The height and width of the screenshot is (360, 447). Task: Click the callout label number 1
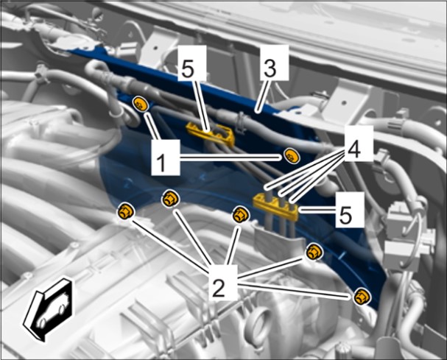(x=166, y=157)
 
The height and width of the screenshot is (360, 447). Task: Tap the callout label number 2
(x=223, y=282)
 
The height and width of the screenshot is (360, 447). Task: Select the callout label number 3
(x=275, y=63)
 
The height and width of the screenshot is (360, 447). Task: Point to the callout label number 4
(x=359, y=144)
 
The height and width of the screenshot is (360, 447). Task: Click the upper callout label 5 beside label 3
(x=192, y=63)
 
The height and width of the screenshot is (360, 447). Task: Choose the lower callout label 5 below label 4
(x=350, y=210)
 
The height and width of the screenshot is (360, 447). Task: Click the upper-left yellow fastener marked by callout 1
(x=141, y=104)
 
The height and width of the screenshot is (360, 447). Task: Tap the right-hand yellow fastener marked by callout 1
(x=292, y=156)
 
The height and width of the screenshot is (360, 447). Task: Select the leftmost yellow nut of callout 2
(x=126, y=211)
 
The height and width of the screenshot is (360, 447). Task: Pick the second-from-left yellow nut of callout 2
(x=170, y=200)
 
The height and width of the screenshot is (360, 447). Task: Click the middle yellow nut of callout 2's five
(x=241, y=215)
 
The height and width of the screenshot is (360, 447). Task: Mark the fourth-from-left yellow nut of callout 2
(x=314, y=253)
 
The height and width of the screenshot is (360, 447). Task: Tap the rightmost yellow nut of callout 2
(x=362, y=297)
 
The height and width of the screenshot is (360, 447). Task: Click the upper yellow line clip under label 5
(x=211, y=133)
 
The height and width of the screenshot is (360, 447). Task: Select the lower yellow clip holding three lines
(x=275, y=206)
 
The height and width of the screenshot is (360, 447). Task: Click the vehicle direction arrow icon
(x=48, y=309)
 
